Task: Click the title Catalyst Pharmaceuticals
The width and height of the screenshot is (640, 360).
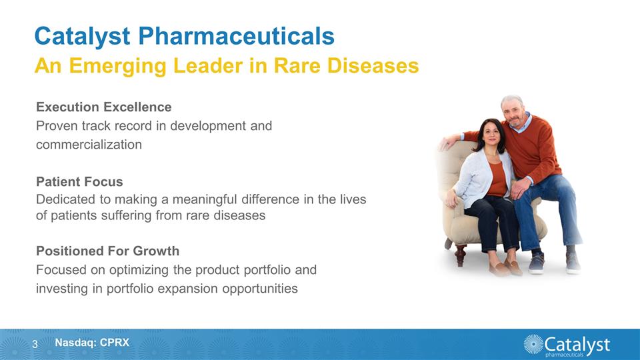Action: [184, 36]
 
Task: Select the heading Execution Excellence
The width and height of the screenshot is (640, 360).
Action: [103, 107]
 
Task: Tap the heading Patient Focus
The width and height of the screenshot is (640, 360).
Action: [79, 182]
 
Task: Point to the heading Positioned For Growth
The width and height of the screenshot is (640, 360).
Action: [107, 251]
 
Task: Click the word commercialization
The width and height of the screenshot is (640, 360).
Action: [89, 144]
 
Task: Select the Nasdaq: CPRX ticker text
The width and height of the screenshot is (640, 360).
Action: [92, 343]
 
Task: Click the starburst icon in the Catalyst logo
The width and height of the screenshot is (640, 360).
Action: [533, 344]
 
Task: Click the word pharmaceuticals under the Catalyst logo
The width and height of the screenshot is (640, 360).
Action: [567, 355]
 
